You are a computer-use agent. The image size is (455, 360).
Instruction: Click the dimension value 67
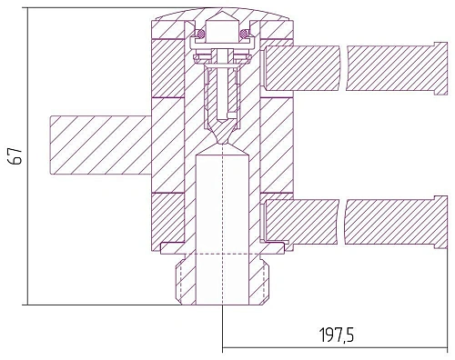[x=16, y=156]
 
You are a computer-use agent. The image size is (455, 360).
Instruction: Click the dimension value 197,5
[x=337, y=335]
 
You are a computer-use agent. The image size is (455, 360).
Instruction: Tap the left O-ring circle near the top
[x=201, y=33]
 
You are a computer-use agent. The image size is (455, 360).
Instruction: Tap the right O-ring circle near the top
[x=244, y=33]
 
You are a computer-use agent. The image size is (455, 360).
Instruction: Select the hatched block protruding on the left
[x=100, y=145]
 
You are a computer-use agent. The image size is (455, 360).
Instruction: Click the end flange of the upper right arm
[x=440, y=69]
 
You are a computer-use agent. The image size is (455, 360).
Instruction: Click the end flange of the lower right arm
[x=440, y=223]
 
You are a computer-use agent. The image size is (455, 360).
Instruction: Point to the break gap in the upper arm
[x=343, y=68]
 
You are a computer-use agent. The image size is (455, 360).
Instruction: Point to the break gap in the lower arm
[x=342, y=222]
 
